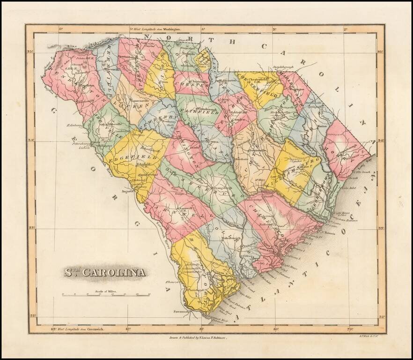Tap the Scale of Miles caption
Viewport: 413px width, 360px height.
point(106,292)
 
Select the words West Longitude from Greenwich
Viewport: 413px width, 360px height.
point(81,329)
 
